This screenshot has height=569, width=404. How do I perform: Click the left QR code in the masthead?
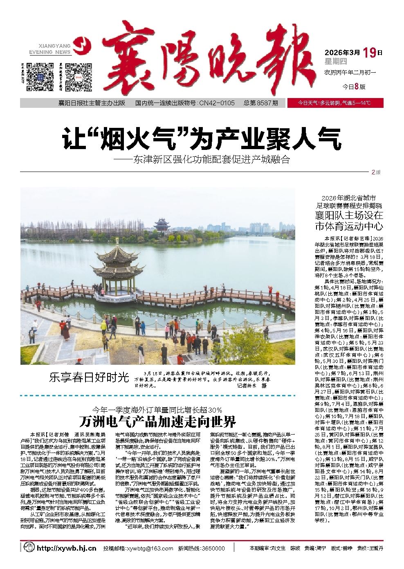(40, 77)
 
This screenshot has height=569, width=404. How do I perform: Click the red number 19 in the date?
(369, 53)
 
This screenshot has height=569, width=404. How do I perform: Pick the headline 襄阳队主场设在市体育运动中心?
(348, 220)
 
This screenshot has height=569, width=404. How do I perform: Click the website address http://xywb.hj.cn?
(66, 548)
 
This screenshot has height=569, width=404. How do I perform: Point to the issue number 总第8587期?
(261, 103)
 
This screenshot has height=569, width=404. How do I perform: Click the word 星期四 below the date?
(336, 62)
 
